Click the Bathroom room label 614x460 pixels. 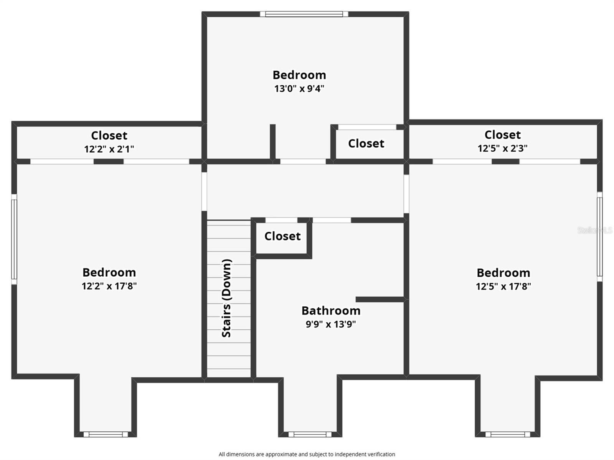pos(331,311)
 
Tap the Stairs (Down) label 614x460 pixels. pos(227,299)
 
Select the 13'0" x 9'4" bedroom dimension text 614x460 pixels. pos(299,89)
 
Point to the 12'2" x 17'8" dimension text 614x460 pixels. pos(109,286)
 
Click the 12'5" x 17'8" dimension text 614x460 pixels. pos(503,286)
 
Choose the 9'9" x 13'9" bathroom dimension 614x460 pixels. pos(330,324)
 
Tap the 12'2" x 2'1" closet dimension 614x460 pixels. pos(109,149)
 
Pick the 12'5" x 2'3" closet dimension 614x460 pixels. pos(502,148)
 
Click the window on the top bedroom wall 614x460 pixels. pos(304,14)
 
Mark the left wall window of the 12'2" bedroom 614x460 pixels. pos(14,239)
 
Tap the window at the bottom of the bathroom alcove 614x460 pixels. pos(310,434)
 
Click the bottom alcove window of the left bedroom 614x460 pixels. pos(106,434)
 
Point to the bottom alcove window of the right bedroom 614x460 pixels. pos(507,434)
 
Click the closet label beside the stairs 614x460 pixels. pos(282,236)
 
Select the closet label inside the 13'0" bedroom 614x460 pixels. pos(366,143)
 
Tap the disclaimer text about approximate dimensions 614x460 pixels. pos(307,454)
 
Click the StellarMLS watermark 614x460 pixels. pos(595,230)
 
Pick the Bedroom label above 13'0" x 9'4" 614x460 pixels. pos(299,75)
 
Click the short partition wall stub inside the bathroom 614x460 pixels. pos(380,299)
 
